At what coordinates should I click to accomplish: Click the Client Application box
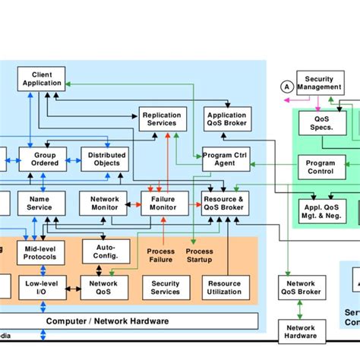43,79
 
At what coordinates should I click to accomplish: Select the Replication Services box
161,119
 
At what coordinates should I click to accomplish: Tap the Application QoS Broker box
226,119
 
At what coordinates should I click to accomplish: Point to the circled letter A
286,87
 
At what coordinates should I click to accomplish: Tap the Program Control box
321,166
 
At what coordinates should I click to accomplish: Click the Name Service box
39,203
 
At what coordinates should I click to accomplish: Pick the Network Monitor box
103,203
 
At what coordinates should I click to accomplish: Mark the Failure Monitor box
164,203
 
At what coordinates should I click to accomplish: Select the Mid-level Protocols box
40,253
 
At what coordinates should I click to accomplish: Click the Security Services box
166,288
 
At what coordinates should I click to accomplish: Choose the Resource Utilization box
224,288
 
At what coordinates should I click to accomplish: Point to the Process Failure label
160,256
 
